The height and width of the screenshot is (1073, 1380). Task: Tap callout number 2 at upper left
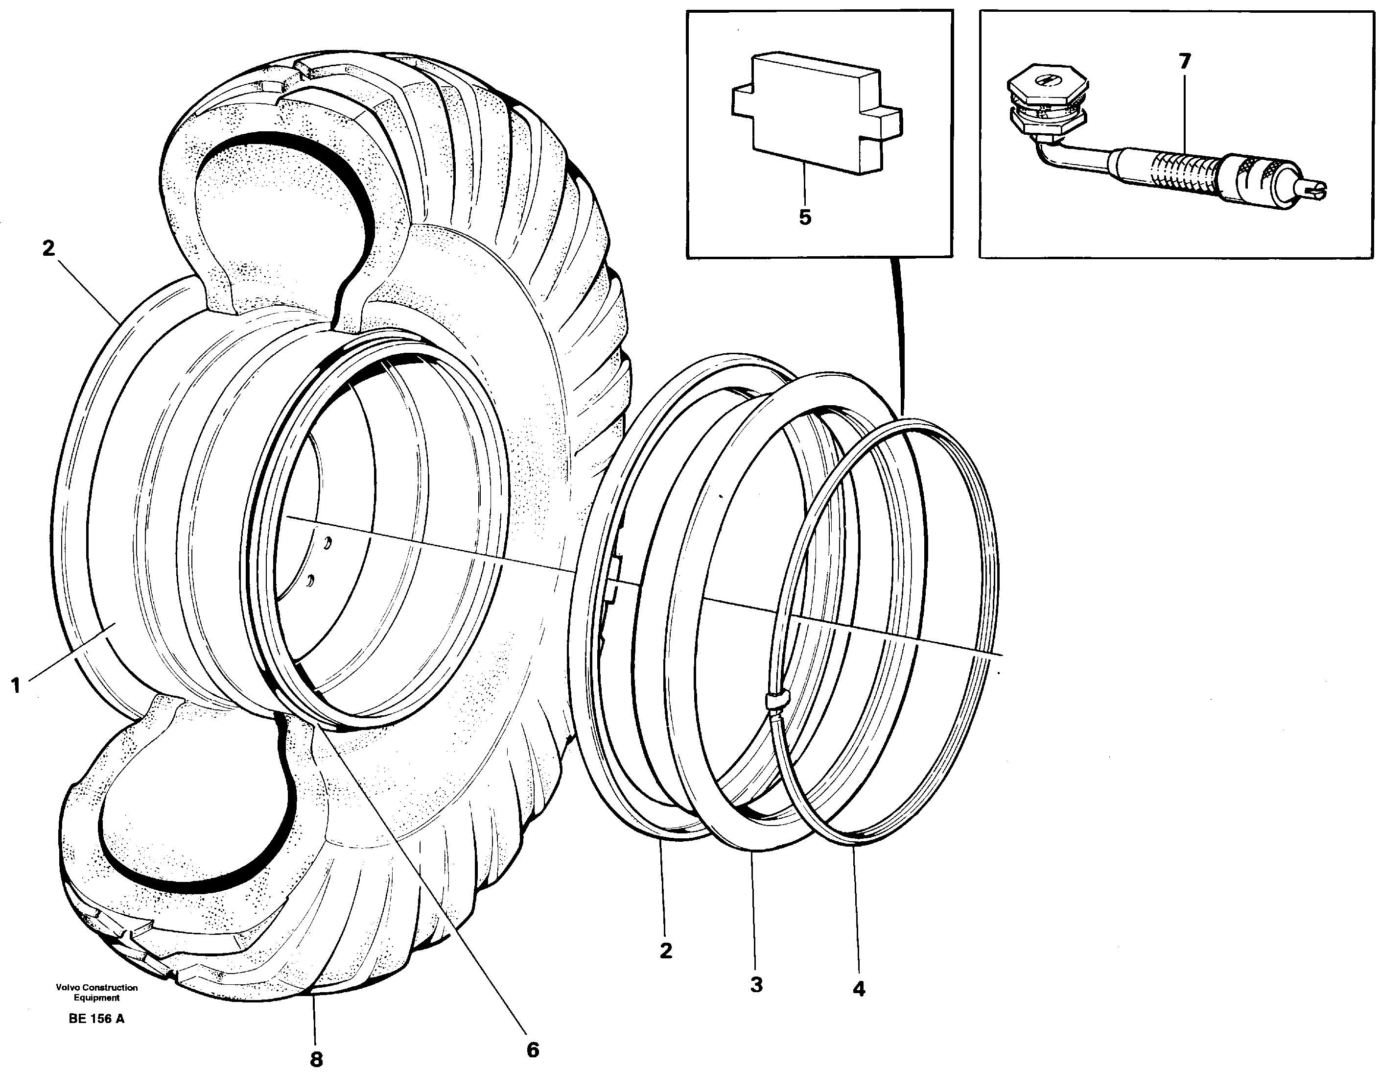pyautogui.click(x=48, y=248)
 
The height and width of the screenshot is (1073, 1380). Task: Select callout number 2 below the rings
pyautogui.click(x=665, y=951)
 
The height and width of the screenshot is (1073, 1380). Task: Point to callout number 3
pyautogui.click(x=756, y=984)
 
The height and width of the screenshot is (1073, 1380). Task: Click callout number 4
pyautogui.click(x=859, y=988)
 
